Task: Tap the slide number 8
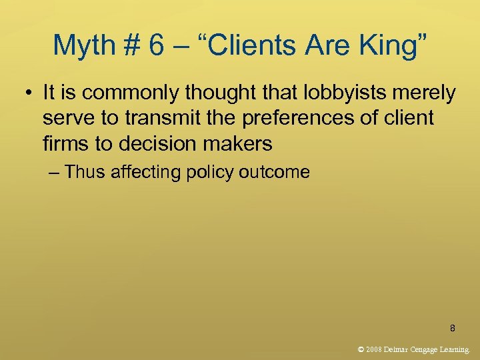453,328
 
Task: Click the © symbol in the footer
361,349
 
